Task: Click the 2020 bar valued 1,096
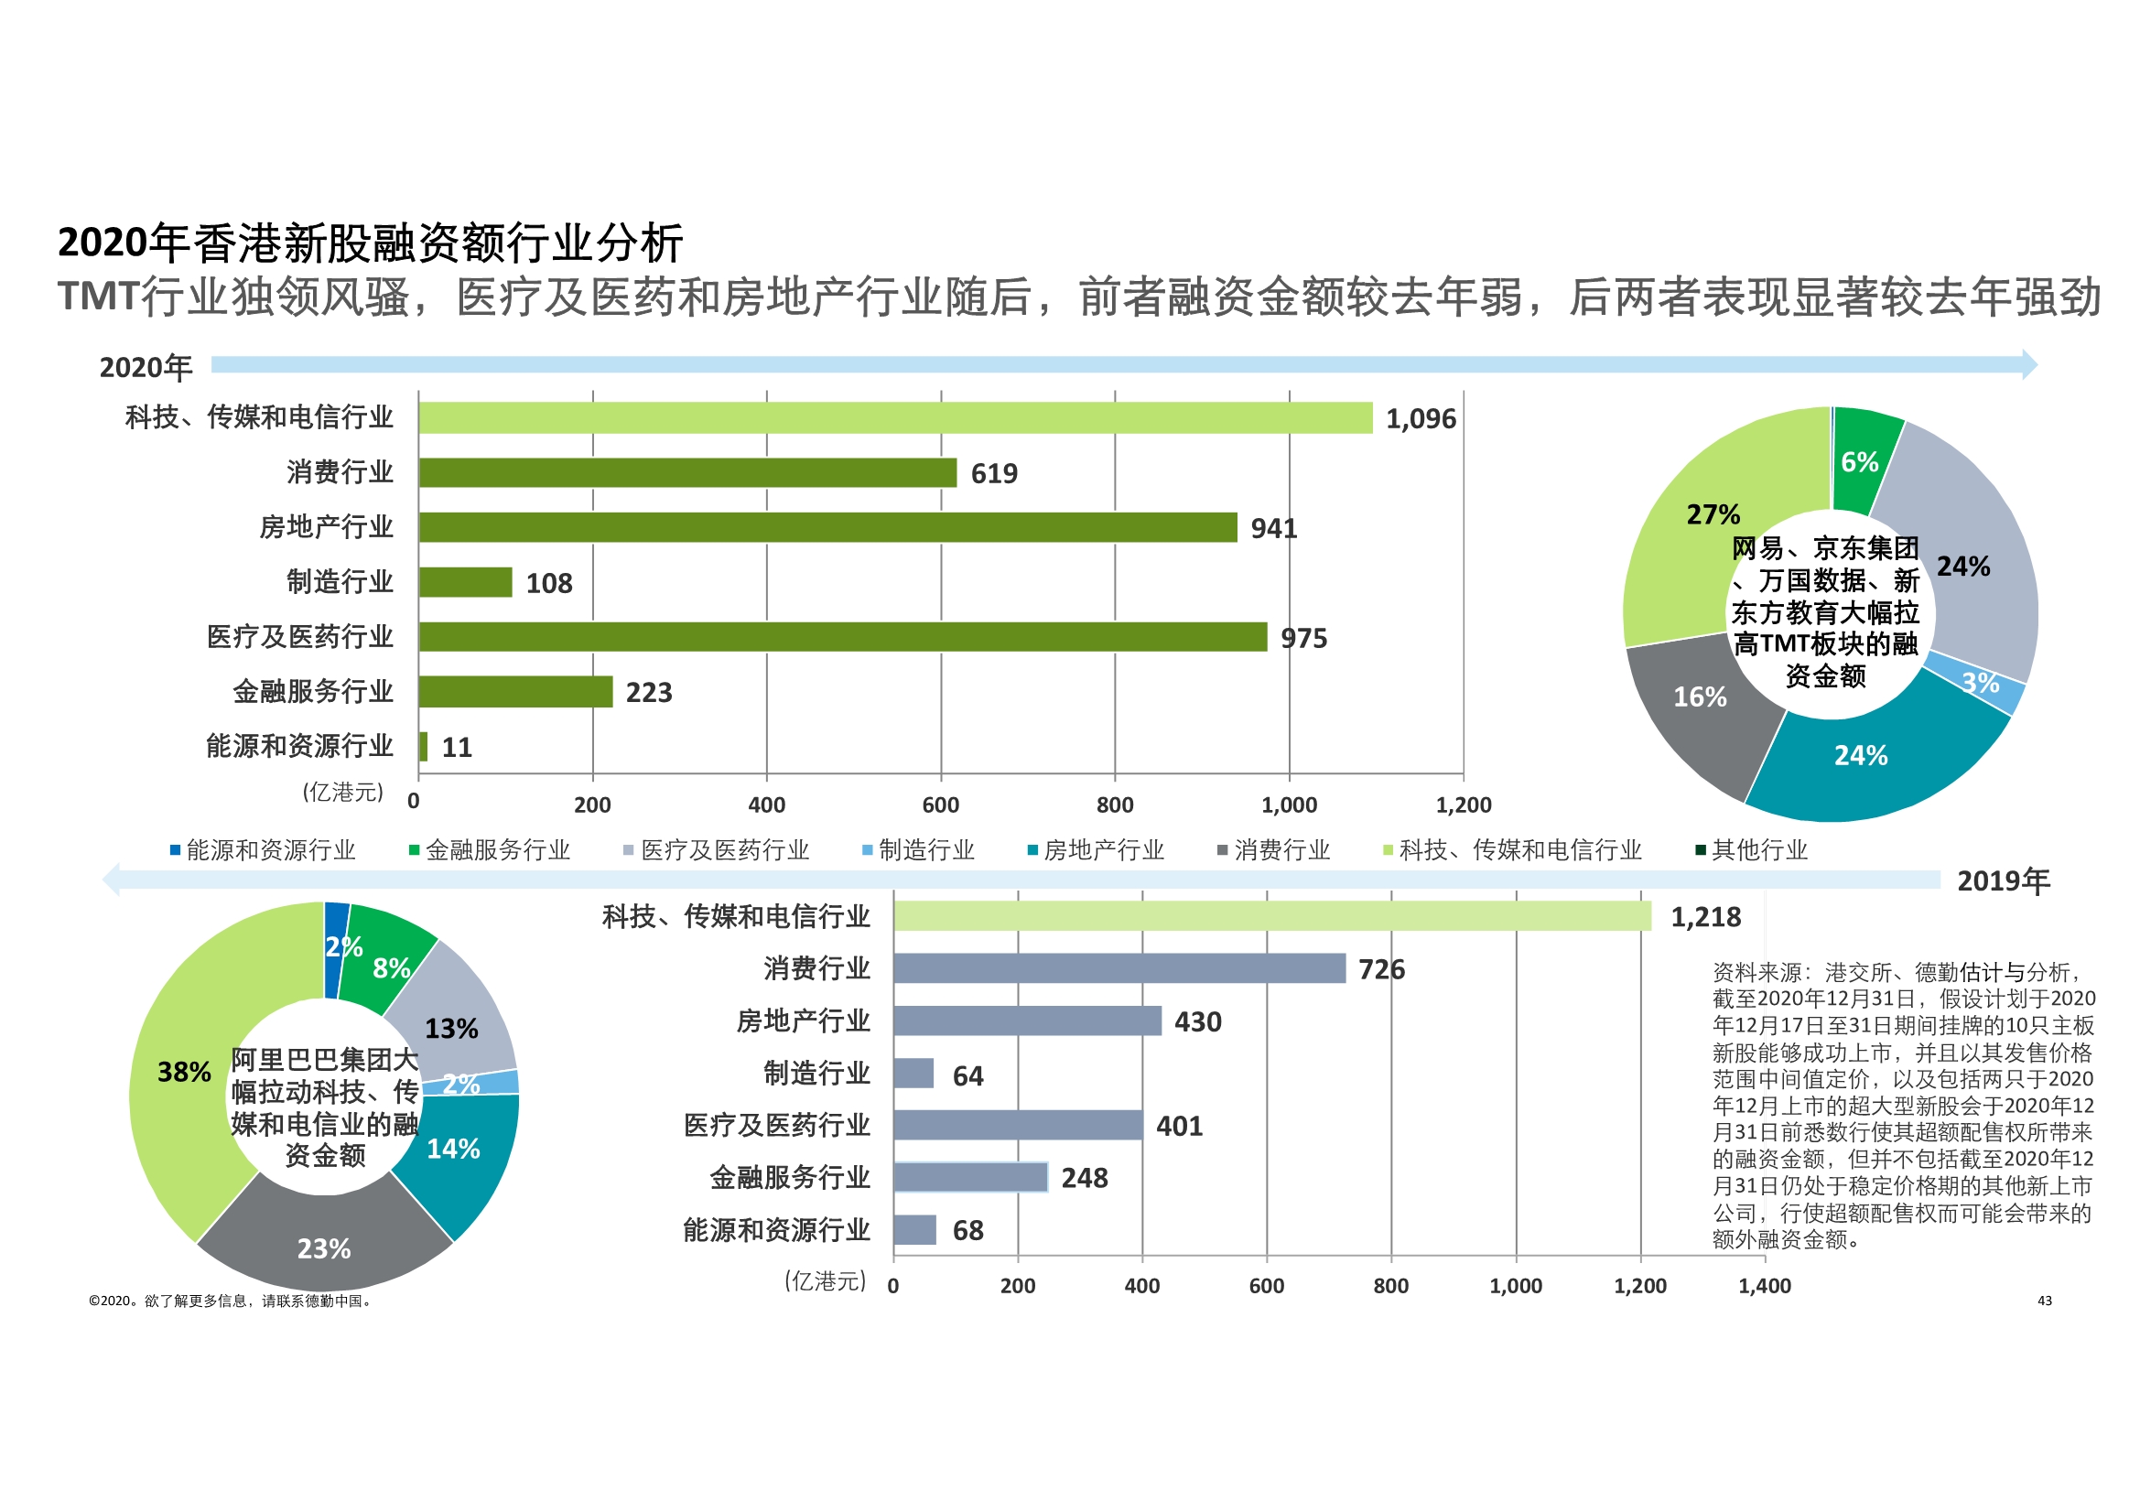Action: [895, 417]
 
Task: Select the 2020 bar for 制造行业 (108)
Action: [465, 582]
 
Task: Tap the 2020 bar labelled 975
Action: [843, 637]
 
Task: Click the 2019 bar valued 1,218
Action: [1271, 915]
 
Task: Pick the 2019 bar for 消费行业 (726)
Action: [1119, 967]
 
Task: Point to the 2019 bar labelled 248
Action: [970, 1177]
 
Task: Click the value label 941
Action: [1273, 528]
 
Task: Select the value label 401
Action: [1179, 1126]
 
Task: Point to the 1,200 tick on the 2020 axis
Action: [1464, 805]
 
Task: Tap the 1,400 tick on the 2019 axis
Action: [1765, 1286]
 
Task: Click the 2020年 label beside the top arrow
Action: [146, 367]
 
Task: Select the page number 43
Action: [2044, 1301]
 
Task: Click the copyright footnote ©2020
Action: [232, 1301]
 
